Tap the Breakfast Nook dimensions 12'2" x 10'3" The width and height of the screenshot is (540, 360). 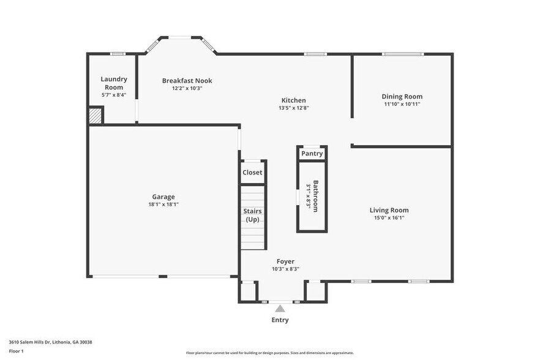(187, 88)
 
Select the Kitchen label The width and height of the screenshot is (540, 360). (293, 100)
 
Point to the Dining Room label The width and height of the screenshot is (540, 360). (402, 96)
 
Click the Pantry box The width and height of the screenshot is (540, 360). (312, 154)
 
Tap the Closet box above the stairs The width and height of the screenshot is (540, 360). (252, 172)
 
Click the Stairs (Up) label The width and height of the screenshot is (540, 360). (253, 216)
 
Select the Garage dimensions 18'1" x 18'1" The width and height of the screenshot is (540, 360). (163, 204)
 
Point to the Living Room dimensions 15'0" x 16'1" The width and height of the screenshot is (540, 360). (389, 217)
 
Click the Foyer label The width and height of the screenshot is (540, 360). (285, 261)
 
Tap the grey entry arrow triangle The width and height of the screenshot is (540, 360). (280, 309)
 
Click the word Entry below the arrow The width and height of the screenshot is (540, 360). (280, 320)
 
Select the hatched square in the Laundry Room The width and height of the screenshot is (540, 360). (96, 115)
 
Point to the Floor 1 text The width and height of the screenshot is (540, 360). (16, 351)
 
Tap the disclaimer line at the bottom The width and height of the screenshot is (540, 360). (269, 353)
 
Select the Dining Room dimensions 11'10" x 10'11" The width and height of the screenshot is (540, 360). (402, 104)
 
